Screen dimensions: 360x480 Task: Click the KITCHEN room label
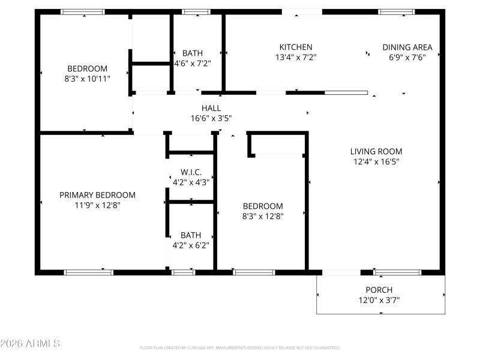(296, 47)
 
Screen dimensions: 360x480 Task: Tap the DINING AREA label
(407, 47)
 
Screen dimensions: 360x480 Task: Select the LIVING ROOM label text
(376, 151)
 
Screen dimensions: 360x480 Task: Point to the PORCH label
(379, 290)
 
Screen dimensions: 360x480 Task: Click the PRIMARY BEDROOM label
(97, 195)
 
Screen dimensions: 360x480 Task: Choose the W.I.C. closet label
(191, 172)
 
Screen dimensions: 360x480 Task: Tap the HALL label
(211, 108)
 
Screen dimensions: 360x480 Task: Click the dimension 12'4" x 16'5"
(376, 161)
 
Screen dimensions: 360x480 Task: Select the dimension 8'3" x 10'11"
(88, 79)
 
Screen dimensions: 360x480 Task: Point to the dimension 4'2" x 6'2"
(191, 245)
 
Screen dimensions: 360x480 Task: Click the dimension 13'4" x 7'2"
(296, 58)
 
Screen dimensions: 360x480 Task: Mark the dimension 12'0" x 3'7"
(379, 300)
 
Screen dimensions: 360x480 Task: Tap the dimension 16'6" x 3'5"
(211, 118)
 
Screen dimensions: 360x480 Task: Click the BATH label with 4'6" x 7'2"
(192, 53)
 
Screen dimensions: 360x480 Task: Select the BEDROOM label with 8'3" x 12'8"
(262, 206)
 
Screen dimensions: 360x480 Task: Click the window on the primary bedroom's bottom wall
(89, 272)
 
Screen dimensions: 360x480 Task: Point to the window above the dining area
(396, 11)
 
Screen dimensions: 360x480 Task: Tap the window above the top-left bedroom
(83, 11)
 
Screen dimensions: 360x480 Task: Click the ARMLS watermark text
(30, 344)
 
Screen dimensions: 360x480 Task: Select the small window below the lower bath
(184, 272)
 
